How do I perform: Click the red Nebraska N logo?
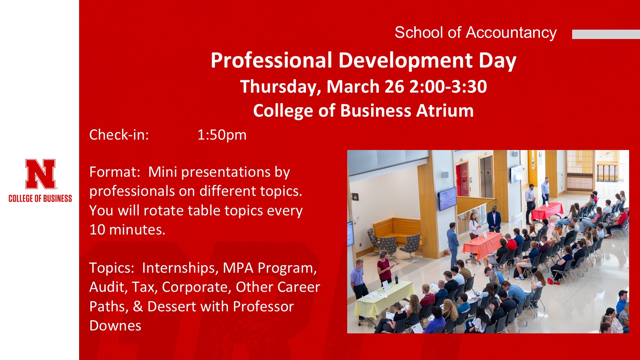(40, 174)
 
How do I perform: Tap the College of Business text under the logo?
(40, 198)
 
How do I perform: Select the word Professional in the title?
(271, 60)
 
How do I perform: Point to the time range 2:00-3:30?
(448, 87)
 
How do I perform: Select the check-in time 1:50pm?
(222, 135)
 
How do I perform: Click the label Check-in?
(119, 135)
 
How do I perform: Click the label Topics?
(112, 268)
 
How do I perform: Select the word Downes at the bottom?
(115, 325)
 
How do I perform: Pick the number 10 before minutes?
(97, 229)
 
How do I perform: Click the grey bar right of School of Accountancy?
(606, 34)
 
